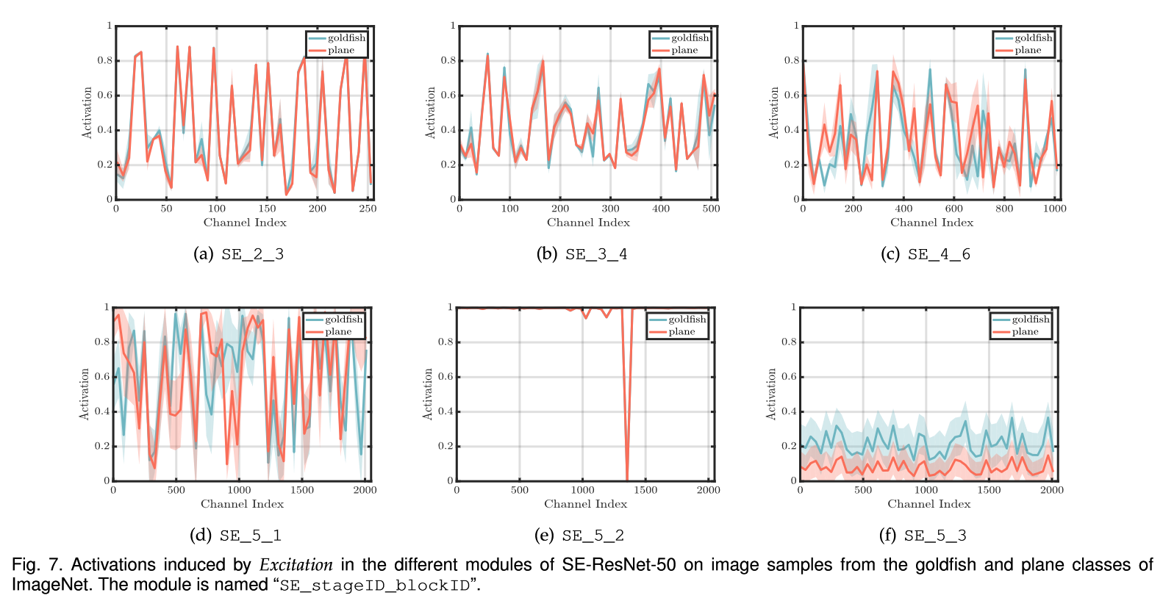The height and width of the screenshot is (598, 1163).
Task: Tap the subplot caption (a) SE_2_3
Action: point(238,254)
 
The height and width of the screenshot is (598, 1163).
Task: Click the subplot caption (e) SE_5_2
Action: point(579,536)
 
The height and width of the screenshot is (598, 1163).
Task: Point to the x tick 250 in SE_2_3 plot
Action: point(368,209)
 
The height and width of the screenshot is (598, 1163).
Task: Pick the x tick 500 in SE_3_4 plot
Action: point(711,209)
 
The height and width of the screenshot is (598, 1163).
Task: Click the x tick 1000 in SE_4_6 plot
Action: point(1054,209)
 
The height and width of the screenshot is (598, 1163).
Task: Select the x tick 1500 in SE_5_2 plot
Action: point(645,490)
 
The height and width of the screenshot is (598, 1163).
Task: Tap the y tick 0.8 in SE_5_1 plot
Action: point(102,342)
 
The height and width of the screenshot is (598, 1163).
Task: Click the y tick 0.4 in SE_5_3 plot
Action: point(789,411)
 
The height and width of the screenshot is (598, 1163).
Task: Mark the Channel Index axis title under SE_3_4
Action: point(588,223)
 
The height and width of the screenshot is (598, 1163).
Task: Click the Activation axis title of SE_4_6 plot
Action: point(773,112)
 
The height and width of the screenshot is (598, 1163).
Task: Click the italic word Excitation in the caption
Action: point(296,565)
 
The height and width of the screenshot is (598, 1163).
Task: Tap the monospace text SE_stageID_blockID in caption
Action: point(375,586)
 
